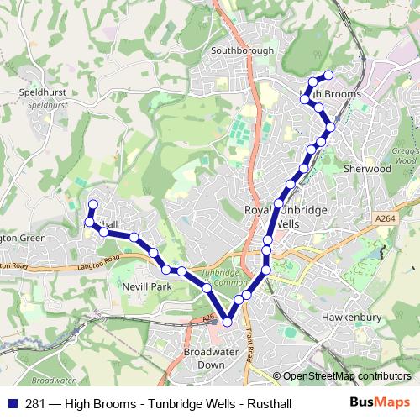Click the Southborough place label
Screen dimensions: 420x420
pyautogui.click(x=243, y=50)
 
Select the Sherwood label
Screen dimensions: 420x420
pyautogui.click(x=368, y=169)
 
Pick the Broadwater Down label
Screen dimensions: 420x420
pyautogui.click(x=204, y=359)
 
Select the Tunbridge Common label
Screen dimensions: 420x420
pyautogui.click(x=222, y=278)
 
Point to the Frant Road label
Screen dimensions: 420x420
pyautogui.click(x=252, y=339)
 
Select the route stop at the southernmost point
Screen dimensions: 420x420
pyautogui.click(x=227, y=322)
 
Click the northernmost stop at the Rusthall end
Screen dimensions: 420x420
pyautogui.click(x=93, y=204)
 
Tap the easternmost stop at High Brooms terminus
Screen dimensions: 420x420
pyautogui.click(x=329, y=76)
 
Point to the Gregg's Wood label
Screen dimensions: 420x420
pyautogui.click(x=405, y=155)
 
